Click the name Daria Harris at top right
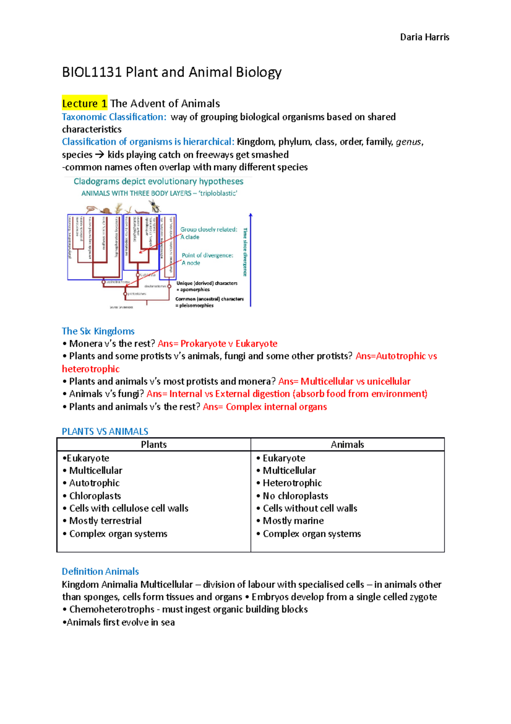pyautogui.click(x=424, y=37)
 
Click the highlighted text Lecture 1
pyautogui.click(x=84, y=104)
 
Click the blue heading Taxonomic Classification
pyautogui.click(x=114, y=117)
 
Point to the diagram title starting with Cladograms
pyautogui.click(x=158, y=181)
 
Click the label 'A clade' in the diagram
pyautogui.click(x=190, y=237)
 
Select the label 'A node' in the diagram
pyautogui.click(x=191, y=263)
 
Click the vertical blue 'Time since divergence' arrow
pyautogui.click(x=250, y=260)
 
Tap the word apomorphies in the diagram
pyautogui.click(x=195, y=290)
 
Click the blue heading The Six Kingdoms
pyautogui.click(x=98, y=331)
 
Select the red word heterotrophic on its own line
pyautogui.click(x=91, y=369)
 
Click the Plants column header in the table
pyautogui.click(x=154, y=445)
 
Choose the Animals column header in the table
pyautogui.click(x=347, y=445)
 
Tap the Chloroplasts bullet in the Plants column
pyautogui.click(x=95, y=496)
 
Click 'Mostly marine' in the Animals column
pyautogui.click(x=293, y=521)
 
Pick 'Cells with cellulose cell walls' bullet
pyautogui.click(x=129, y=508)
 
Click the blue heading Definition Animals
pyautogui.click(x=100, y=571)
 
